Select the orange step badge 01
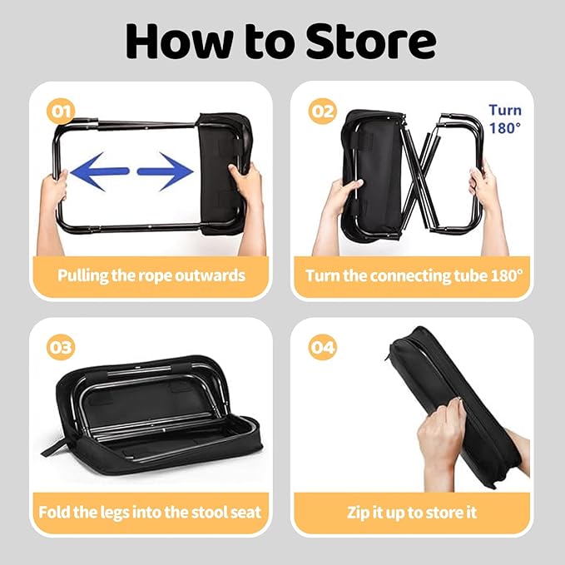(61, 112)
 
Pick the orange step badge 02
(323, 112)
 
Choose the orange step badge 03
(61, 347)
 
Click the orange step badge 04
(323, 347)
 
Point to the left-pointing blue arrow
(100, 171)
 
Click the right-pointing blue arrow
(166, 171)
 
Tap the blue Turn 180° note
(505, 119)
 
